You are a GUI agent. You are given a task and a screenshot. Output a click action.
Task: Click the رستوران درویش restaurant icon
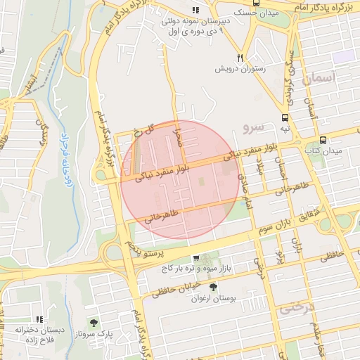tap(240, 58)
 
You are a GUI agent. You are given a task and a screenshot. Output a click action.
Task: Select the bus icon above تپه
tap(285, 118)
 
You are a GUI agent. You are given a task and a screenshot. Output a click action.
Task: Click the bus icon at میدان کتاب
tap(323, 139)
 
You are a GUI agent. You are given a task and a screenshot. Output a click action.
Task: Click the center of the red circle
tap(179, 179)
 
